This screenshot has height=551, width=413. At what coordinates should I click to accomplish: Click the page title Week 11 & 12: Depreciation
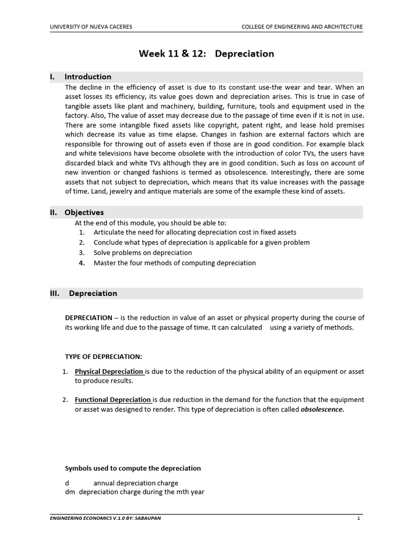[x=206, y=54]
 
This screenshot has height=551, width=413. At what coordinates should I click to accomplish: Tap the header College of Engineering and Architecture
[x=302, y=26]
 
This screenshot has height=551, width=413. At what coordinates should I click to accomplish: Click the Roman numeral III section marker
[x=55, y=293]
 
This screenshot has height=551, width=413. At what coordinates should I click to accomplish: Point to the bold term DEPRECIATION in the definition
[x=89, y=317]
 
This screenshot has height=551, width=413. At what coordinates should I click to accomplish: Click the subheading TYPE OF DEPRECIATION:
[x=103, y=357]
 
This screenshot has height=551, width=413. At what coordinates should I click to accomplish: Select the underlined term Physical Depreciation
[x=109, y=371]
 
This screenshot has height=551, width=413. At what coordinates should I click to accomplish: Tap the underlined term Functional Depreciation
[x=113, y=400]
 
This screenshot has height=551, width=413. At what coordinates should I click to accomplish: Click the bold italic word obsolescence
[x=322, y=409]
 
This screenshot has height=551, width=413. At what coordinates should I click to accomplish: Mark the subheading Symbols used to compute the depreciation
[x=133, y=468]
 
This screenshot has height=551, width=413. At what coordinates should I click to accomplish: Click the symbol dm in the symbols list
[x=69, y=492]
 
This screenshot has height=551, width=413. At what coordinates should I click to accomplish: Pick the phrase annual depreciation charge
[x=136, y=483]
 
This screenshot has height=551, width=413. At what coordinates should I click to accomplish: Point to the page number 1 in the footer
[x=358, y=518]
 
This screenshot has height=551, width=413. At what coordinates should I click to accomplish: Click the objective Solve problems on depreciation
[x=143, y=252]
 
